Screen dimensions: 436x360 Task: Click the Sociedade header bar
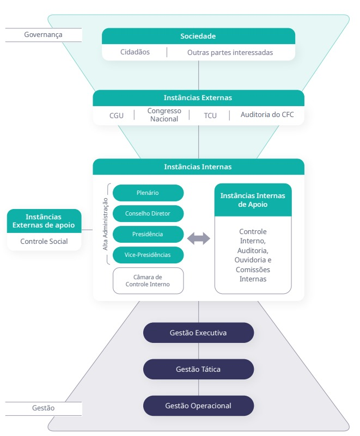198,36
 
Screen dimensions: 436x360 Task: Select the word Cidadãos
135,52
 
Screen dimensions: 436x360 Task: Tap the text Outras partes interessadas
230,53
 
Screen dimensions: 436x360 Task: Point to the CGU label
117,115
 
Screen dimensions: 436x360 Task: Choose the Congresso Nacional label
164,115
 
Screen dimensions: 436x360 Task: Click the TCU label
210,115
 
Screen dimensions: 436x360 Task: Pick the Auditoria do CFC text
267,115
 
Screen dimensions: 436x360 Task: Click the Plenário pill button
148,193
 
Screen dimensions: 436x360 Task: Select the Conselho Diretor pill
148,213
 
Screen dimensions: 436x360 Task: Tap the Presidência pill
148,234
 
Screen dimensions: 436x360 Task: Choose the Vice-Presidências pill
148,255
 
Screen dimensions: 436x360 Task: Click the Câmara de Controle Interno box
148,280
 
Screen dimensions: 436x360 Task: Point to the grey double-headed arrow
199,238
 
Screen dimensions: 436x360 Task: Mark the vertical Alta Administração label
106,224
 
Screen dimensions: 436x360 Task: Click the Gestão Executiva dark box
198,333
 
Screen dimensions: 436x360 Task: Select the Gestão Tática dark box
198,369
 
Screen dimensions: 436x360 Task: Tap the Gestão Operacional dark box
198,406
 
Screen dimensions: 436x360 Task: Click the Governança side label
43,35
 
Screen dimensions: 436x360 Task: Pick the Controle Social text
44,241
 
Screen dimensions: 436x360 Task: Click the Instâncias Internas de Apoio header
253,200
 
